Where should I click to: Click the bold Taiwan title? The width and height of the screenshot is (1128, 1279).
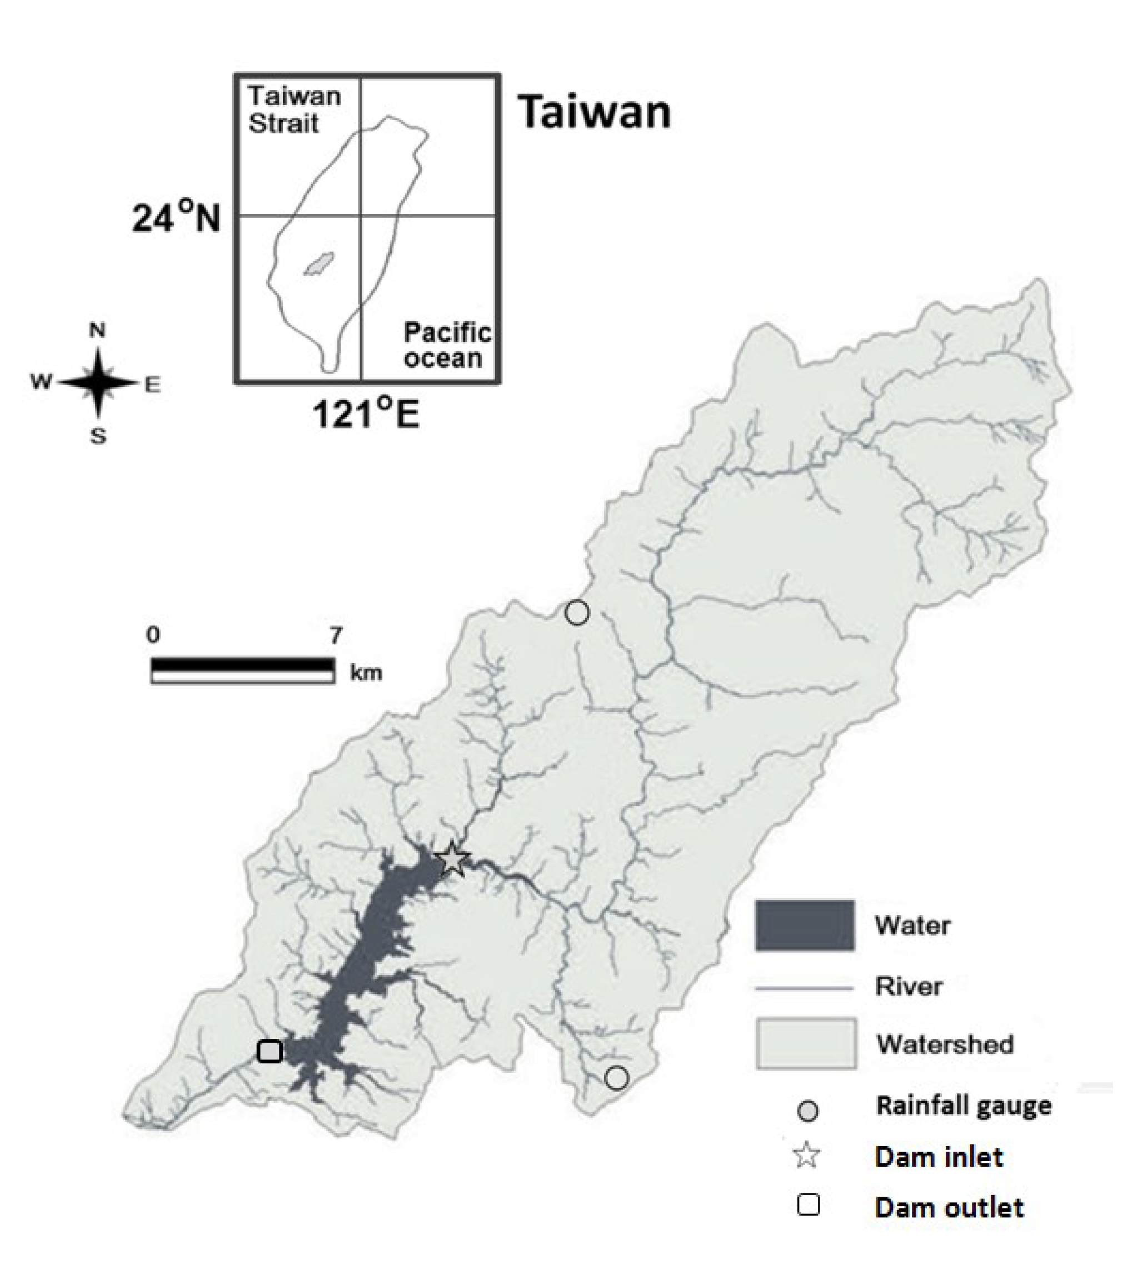click(x=595, y=113)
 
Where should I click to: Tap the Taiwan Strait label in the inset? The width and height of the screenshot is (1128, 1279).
click(x=293, y=110)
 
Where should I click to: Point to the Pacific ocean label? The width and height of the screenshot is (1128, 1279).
click(x=446, y=345)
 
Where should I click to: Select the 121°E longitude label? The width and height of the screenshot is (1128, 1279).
click(x=366, y=414)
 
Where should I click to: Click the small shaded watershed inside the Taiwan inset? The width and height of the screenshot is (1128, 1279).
click(x=319, y=263)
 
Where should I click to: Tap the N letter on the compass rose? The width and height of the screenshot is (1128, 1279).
click(x=98, y=330)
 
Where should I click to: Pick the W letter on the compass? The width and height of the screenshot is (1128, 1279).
click(x=41, y=381)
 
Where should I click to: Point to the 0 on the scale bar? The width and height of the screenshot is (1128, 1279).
click(x=153, y=635)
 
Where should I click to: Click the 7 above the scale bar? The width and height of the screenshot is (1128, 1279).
click(x=336, y=636)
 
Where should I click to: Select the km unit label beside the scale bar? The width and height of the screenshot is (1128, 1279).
click(x=366, y=673)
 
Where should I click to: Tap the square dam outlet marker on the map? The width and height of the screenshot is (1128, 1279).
click(x=269, y=1051)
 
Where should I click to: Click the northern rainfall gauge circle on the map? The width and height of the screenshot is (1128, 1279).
click(x=577, y=613)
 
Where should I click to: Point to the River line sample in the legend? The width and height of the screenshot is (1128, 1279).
click(x=804, y=989)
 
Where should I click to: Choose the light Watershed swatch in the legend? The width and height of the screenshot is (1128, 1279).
click(x=806, y=1043)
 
